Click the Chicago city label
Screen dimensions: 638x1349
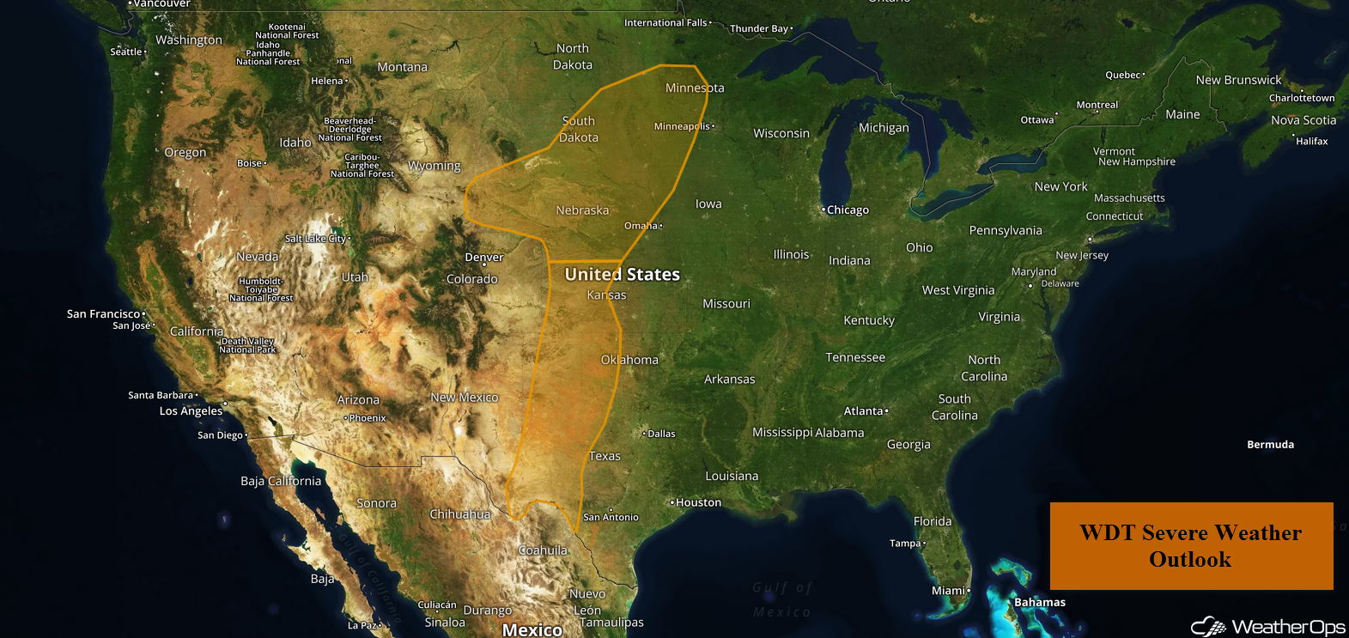(x=848, y=210)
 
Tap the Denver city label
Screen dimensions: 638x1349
(x=484, y=258)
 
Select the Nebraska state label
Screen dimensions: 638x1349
(x=582, y=210)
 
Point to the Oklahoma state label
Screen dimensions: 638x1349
(x=629, y=360)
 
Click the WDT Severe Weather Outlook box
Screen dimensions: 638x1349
(x=1191, y=546)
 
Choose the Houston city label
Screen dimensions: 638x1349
(x=698, y=502)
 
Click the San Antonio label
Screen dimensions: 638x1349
(x=611, y=517)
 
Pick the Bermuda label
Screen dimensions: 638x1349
(x=1270, y=444)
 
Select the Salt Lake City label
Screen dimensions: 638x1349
(x=316, y=239)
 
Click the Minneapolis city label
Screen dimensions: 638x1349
(x=683, y=126)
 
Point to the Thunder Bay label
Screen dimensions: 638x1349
(x=759, y=28)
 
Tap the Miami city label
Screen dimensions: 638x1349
(x=949, y=591)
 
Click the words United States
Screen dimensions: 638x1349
(x=622, y=275)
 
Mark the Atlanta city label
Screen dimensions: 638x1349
(x=864, y=411)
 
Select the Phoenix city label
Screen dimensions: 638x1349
(x=368, y=418)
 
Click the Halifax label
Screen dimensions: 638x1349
(x=1311, y=141)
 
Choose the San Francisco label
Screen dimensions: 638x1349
(x=103, y=314)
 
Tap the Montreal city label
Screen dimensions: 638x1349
(x=1097, y=105)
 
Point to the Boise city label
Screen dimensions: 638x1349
(x=250, y=163)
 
